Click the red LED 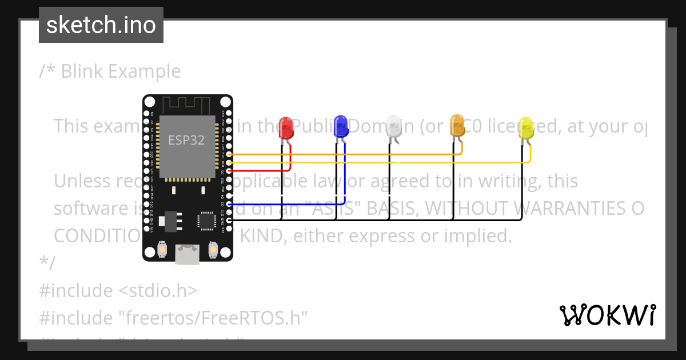[285, 128]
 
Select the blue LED [341, 126]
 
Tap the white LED [394, 126]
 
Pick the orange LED [457, 126]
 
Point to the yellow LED [525, 129]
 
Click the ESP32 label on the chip [186, 140]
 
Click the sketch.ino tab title [101, 25]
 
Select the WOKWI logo [607, 315]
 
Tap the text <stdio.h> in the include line [158, 290]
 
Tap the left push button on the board [161, 250]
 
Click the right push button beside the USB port [213, 250]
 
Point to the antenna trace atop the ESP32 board [188, 106]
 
